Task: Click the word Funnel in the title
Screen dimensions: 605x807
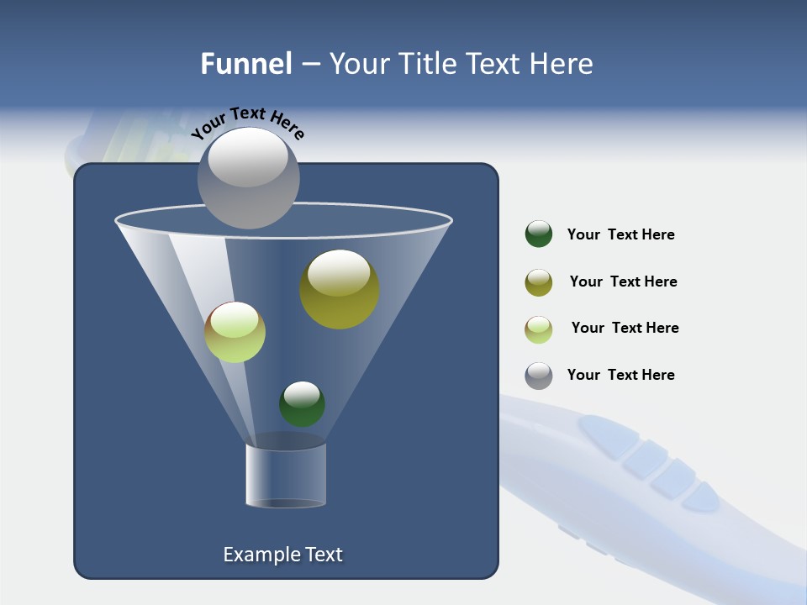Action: point(245,64)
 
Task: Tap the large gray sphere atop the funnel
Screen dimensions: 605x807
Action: point(249,178)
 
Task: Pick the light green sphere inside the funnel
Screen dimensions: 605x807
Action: point(235,333)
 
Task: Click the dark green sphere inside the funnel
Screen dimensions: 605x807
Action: point(302,405)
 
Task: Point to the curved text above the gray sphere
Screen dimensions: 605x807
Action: point(247,123)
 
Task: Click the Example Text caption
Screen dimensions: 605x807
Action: point(282,555)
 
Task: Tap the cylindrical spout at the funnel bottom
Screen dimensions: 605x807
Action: point(286,476)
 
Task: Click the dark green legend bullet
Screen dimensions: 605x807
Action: point(539,234)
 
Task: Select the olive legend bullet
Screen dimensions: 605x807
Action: point(539,282)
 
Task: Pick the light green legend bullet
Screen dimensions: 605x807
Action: point(539,329)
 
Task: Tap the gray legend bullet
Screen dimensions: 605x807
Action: point(539,376)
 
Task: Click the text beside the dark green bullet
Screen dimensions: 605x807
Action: point(620,234)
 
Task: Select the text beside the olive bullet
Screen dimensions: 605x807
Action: point(623,281)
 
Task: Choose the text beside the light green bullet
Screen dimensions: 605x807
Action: point(625,328)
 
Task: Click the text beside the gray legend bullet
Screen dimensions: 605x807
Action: point(620,375)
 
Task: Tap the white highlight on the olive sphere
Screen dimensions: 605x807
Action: point(339,272)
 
